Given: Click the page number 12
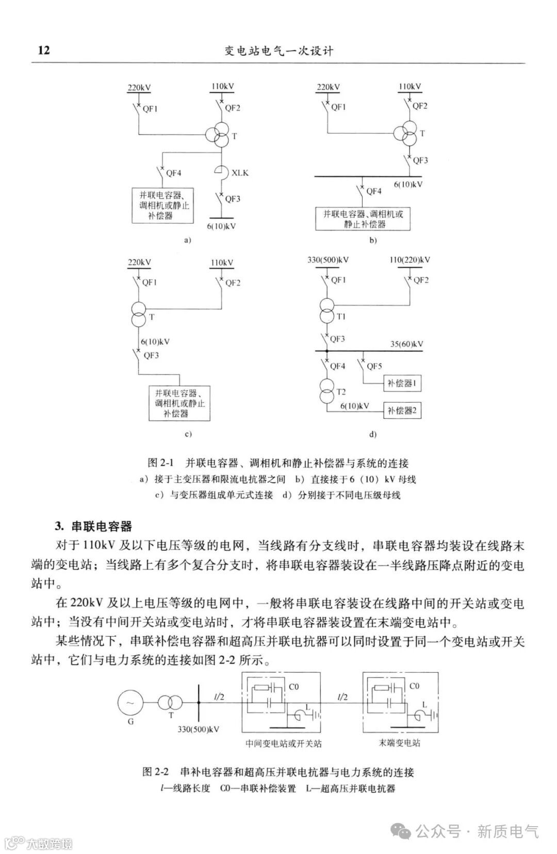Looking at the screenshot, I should (x=43, y=50).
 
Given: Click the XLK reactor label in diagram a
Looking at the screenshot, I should (x=240, y=172).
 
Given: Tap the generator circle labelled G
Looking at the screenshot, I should (x=130, y=703).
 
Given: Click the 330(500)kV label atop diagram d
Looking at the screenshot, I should (x=328, y=259).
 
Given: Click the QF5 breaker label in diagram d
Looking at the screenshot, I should (x=374, y=366).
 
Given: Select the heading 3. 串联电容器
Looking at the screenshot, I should (x=94, y=526).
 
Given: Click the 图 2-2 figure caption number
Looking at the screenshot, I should (x=156, y=772).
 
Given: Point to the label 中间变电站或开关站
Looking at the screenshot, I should (x=283, y=744).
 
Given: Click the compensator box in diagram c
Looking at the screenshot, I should (x=179, y=403).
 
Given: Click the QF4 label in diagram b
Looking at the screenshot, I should (x=373, y=192).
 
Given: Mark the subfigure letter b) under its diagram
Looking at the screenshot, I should (x=373, y=240).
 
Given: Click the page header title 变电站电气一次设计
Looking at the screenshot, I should (x=279, y=51).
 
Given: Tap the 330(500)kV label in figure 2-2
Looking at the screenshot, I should (x=199, y=729).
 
